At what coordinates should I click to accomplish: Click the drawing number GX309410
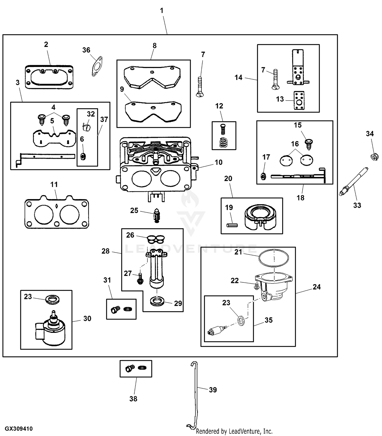pos(19,429)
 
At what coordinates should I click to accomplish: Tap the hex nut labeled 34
pos(374,156)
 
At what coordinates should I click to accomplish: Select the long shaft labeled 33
pos(354,181)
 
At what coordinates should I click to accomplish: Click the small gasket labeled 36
pos(97,66)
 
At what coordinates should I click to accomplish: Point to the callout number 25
pos(134,210)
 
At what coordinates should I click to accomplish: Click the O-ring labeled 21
pos(274,259)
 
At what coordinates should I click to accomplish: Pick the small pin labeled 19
pos(232,225)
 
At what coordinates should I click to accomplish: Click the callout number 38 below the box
pos(133,399)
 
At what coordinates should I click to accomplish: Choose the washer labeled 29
pos(157,301)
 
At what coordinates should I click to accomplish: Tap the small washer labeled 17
pos(264,176)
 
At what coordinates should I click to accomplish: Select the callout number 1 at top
pos(162,11)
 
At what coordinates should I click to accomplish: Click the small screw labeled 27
pos(140,279)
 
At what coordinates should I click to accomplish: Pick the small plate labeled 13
pos(299,101)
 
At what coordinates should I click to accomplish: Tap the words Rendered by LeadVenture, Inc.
pos(234,431)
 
